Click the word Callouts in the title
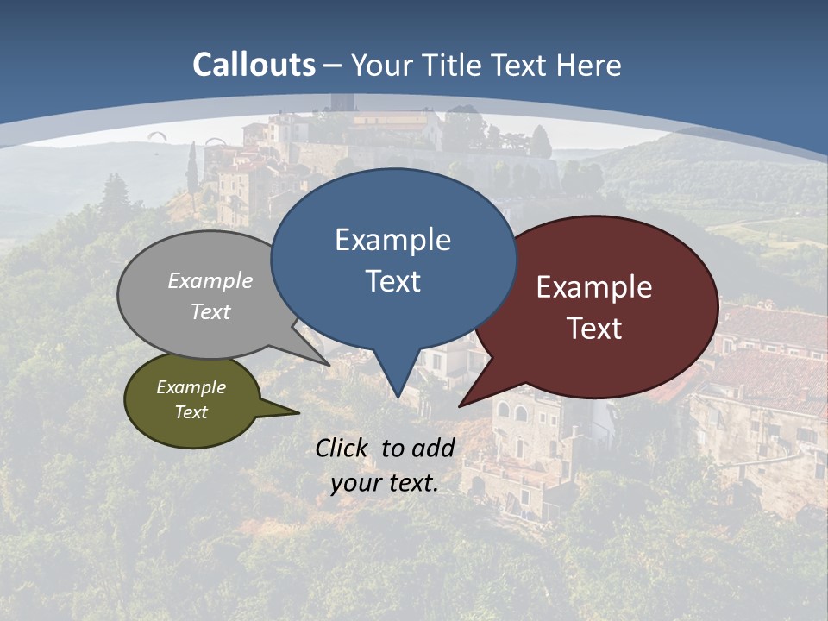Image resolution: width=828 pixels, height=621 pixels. pos(254,65)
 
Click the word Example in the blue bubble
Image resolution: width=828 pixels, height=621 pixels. pos(392,240)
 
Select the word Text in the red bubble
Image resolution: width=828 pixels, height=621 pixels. pos(595,329)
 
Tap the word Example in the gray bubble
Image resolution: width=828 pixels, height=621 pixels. pos(210,280)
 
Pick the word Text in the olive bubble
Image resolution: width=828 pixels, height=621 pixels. pos(191,412)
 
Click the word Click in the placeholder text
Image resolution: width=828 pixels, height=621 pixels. pos(343,448)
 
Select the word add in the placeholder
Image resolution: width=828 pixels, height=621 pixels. pos(433,448)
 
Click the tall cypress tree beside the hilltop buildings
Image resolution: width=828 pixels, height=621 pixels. pos(191,168)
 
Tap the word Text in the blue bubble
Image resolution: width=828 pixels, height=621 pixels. pos(393,281)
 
